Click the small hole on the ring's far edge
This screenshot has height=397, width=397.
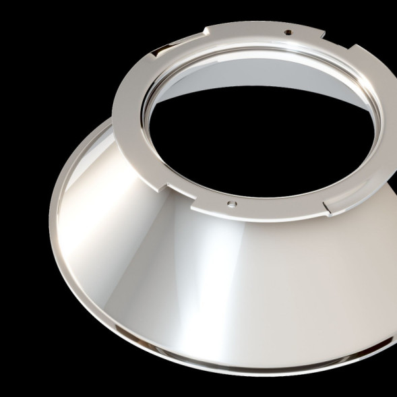tap(288, 32)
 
